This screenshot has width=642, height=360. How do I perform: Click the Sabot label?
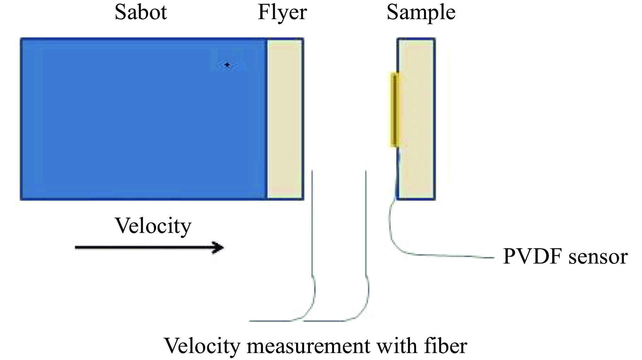[141, 13]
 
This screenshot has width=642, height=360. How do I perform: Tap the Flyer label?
[282, 13]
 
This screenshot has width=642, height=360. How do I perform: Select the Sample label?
[421, 13]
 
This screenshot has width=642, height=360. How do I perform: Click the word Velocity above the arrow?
[153, 226]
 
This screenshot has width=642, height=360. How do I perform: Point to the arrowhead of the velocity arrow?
[219, 248]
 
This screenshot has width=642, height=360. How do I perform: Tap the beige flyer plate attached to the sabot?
[285, 118]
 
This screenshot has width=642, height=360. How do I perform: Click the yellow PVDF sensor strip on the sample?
[394, 109]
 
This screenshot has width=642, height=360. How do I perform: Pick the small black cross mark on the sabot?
[227, 65]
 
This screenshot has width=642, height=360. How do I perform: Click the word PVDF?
[533, 257]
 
